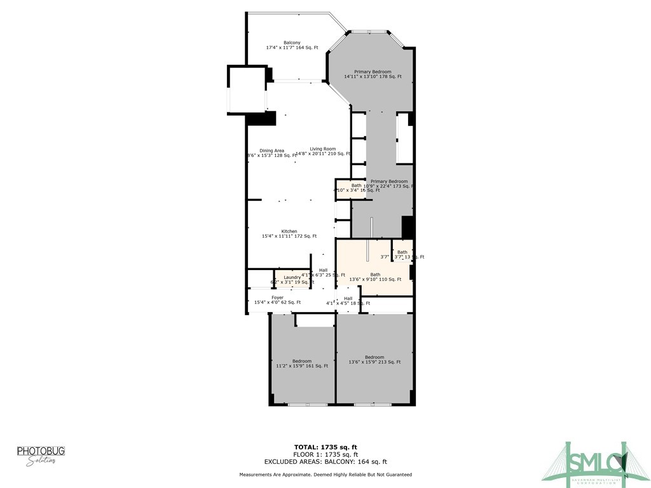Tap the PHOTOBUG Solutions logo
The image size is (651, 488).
click(x=41, y=455)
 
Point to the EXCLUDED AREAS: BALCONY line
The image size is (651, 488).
click(x=325, y=462)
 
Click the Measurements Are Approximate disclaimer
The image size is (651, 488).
click(x=325, y=475)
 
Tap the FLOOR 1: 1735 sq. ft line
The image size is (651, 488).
click(x=325, y=454)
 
